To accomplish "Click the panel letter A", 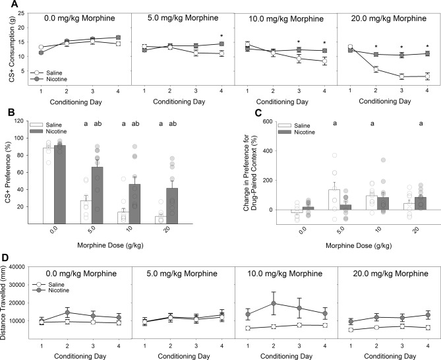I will (6, 5).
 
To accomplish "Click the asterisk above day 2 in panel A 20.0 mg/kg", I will (376, 47).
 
